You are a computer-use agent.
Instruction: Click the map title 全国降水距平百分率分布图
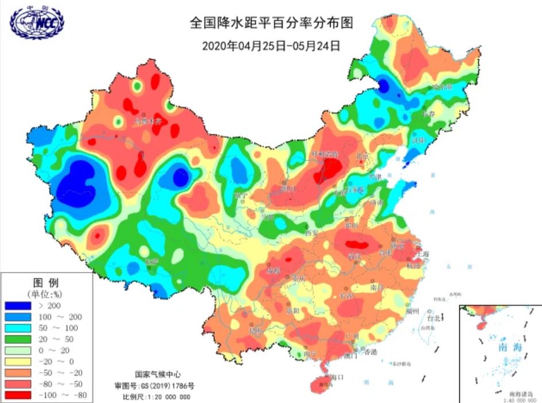click(x=270, y=24)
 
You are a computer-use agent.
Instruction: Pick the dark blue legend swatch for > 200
click(x=18, y=306)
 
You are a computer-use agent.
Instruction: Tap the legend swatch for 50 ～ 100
click(x=18, y=328)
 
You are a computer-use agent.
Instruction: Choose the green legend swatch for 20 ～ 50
click(x=18, y=339)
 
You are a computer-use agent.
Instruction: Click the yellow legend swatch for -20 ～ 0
click(x=18, y=362)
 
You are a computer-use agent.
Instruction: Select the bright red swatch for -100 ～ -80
click(x=18, y=395)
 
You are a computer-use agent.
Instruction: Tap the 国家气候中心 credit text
click(x=153, y=373)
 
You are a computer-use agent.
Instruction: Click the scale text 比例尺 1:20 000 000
click(x=156, y=397)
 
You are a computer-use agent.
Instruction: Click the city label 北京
click(x=363, y=156)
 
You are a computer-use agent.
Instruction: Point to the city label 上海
click(x=423, y=254)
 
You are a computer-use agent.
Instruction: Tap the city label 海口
click(x=337, y=377)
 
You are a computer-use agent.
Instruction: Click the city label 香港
click(x=370, y=351)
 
